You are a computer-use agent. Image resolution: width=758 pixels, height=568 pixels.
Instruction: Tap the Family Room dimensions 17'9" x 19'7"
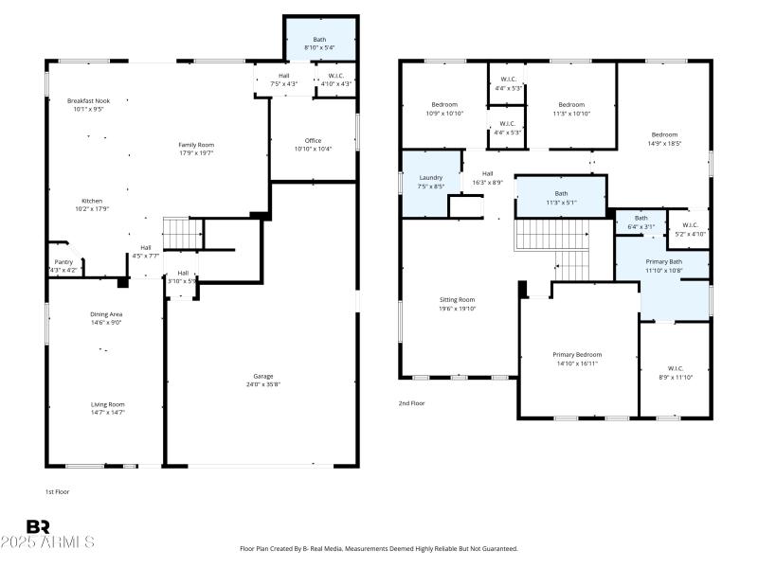[x=197, y=153]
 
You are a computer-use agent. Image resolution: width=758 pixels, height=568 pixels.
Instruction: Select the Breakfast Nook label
[x=88, y=100]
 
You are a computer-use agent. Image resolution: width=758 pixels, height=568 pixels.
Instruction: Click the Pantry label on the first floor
[x=63, y=262]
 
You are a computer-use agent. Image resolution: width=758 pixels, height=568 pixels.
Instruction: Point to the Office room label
[x=313, y=140]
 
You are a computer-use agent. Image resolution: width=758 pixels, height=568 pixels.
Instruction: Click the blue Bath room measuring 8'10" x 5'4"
[x=319, y=43]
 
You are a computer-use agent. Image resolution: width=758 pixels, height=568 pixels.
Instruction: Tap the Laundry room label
[x=431, y=177]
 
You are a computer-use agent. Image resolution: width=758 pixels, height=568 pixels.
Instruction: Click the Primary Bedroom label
[x=577, y=354]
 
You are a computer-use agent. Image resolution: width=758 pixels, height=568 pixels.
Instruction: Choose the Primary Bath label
[x=663, y=261]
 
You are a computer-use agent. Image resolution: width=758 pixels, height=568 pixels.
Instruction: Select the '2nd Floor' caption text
[x=411, y=402]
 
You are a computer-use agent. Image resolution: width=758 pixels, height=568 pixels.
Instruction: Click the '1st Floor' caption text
[x=57, y=491]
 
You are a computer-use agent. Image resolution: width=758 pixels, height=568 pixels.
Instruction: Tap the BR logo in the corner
[x=38, y=526]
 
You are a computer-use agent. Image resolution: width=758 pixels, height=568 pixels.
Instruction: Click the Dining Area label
[x=106, y=314]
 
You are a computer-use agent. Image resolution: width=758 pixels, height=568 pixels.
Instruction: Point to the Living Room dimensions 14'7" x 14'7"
[x=106, y=413]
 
